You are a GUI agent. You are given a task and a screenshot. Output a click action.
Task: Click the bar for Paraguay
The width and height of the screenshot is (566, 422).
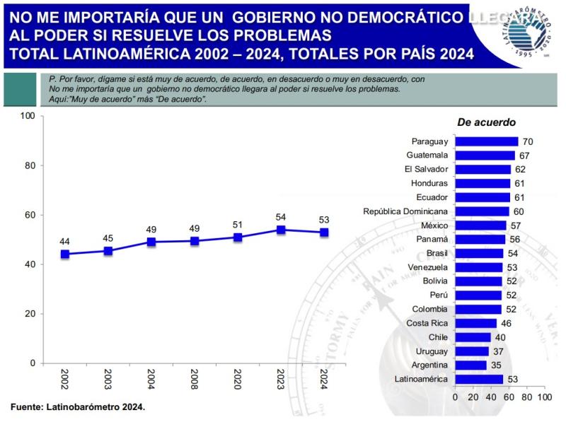click(486, 141)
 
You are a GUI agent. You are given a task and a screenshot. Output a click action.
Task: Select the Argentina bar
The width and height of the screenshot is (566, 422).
click(470, 365)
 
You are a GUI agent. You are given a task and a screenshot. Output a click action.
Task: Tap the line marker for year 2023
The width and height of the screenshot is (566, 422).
click(281, 230)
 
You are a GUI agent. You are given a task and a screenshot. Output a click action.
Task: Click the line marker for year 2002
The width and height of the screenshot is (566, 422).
click(65, 254)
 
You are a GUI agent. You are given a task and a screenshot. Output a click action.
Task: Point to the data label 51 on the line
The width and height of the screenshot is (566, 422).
click(238, 225)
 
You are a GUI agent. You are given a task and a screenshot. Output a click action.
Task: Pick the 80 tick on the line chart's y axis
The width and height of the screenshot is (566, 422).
click(28, 165)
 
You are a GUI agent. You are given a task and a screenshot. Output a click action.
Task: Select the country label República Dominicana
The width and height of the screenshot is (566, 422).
click(405, 211)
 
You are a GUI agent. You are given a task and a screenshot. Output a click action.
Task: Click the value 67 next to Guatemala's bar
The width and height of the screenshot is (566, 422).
click(524, 156)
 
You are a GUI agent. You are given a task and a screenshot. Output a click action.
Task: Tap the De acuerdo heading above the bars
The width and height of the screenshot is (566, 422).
click(486, 122)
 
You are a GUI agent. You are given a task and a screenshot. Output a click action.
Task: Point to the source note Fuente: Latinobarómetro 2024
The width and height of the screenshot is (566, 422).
click(78, 407)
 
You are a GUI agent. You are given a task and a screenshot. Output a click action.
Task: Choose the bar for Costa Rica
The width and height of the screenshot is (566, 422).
click(475, 323)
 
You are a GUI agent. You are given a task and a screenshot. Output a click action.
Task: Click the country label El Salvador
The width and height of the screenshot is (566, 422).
click(426, 170)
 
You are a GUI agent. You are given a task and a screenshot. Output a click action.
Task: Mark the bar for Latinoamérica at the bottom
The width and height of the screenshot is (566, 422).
click(478, 379)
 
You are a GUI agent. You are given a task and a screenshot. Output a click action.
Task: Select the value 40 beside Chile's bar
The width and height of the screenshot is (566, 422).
click(500, 337)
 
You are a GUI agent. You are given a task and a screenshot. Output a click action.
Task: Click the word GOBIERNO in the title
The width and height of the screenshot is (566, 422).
click(276, 15)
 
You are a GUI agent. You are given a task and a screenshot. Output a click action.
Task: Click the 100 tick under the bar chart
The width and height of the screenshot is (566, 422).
click(543, 397)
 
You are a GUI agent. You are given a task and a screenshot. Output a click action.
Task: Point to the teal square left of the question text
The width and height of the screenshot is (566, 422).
click(21, 89)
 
